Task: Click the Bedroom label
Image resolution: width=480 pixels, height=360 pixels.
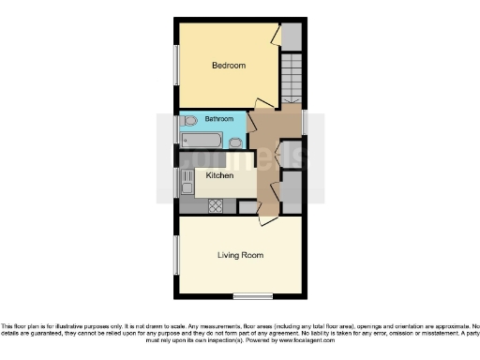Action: [x=229, y=66]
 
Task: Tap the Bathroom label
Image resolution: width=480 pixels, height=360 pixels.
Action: [x=218, y=119]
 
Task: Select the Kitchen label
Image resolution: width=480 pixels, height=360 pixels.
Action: [x=219, y=174]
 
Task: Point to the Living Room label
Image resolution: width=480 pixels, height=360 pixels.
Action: [x=241, y=255]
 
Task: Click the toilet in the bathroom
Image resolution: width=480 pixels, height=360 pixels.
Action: [x=190, y=120]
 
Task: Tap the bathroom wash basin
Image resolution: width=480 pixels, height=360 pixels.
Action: [x=236, y=142]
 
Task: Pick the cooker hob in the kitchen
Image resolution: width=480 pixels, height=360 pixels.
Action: [x=215, y=205]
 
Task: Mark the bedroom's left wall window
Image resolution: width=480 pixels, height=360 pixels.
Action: [x=175, y=66]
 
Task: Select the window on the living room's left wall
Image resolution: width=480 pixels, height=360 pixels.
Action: [x=175, y=254]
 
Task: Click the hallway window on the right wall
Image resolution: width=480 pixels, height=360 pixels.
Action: [x=305, y=121]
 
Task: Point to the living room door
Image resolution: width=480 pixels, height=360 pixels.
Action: [x=265, y=219]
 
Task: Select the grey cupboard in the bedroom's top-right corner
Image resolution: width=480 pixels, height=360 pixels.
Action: [x=292, y=36]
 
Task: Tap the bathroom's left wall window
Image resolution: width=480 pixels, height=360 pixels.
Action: [x=175, y=129]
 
